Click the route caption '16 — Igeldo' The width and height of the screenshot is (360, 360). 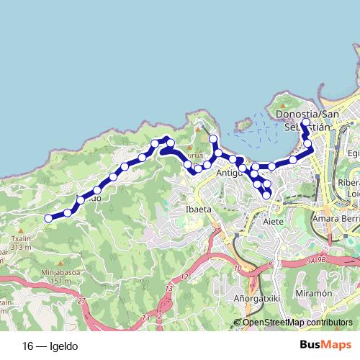click(x=50, y=346)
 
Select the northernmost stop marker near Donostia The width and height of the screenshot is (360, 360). click(x=305, y=122)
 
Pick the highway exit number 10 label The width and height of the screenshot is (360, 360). click(x=238, y=269)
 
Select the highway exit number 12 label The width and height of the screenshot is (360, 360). click(x=185, y=276)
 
